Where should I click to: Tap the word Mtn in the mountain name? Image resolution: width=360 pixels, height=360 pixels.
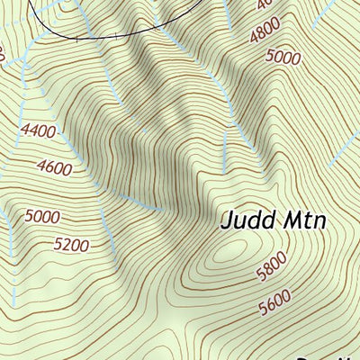click(x=300, y=220)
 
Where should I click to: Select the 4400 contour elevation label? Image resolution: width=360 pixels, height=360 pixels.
click(x=38, y=131)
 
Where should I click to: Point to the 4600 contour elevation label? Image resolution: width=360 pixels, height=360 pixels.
click(x=56, y=166)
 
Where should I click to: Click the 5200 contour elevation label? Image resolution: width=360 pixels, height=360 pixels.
click(x=71, y=244)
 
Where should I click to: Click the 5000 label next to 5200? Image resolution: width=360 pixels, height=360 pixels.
click(x=43, y=216)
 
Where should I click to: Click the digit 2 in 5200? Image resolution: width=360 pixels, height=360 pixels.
click(x=67, y=244)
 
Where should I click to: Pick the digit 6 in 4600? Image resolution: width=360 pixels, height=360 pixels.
click(x=51, y=166)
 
